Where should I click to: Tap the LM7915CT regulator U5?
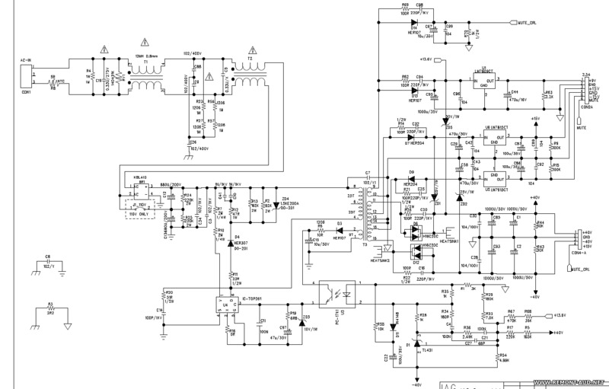point(494,181)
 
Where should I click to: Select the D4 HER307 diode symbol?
point(229,241)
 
